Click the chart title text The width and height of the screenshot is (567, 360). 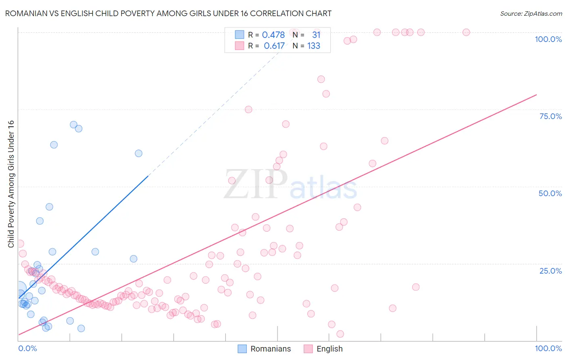(x=168, y=13)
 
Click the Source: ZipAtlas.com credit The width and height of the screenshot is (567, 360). (x=531, y=13)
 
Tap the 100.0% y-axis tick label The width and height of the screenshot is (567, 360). (x=548, y=39)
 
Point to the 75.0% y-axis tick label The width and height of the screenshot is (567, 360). (x=550, y=116)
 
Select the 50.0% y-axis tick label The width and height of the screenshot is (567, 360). (x=550, y=193)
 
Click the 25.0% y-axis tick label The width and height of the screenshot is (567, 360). (x=550, y=271)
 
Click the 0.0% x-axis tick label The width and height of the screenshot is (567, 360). (x=27, y=348)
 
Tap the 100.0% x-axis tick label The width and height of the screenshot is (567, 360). (x=548, y=348)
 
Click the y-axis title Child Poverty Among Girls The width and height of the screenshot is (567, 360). (x=11, y=184)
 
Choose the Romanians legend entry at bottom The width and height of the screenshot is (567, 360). (x=264, y=349)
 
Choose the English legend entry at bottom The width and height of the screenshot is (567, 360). (x=323, y=349)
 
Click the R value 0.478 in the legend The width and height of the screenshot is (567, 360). (x=273, y=35)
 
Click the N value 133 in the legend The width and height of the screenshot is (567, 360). (x=314, y=46)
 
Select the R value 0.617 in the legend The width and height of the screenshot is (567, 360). (x=274, y=46)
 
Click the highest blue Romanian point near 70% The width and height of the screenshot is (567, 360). (x=73, y=125)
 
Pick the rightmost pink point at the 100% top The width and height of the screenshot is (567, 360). (x=466, y=32)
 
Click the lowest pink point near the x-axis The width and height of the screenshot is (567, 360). (x=340, y=334)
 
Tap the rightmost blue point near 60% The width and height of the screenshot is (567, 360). (x=138, y=153)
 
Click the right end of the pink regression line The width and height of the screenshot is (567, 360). (x=536, y=95)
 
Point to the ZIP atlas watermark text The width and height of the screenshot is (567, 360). (x=290, y=184)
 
